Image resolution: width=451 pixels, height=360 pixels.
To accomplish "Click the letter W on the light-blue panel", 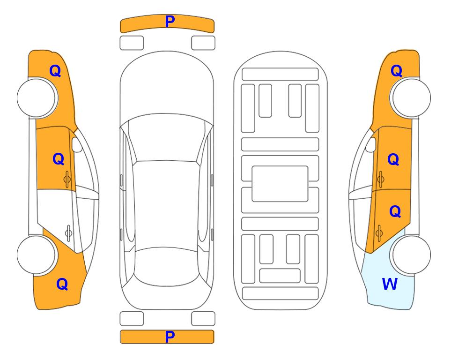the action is tap(390, 284).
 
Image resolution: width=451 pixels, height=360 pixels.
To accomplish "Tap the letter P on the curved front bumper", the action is tap(170, 21).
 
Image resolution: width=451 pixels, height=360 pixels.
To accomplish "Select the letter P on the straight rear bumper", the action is tap(170, 337).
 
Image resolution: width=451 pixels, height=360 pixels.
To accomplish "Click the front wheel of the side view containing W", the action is tap(410, 97).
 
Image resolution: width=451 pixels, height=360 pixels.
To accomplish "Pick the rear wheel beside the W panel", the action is tap(410, 255).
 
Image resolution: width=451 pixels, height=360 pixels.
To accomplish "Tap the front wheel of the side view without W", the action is tap(37, 97).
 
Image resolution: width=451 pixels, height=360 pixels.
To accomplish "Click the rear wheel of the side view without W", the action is tap(37, 255).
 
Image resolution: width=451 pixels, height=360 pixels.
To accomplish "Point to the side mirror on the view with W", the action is tap(371, 144).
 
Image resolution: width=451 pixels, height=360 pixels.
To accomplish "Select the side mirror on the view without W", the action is tap(77, 144).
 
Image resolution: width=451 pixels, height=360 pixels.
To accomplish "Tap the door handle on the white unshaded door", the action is tap(68, 232).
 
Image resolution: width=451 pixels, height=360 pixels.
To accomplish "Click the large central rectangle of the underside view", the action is tap(280, 184).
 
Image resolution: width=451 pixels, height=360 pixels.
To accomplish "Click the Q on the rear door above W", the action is tap(395, 211).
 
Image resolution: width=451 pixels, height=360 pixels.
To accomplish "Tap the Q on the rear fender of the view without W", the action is tap(62, 284).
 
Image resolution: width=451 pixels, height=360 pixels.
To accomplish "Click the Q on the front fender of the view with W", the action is tap(396, 70).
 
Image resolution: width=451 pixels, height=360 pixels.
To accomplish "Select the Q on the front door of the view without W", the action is tap(59, 159).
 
